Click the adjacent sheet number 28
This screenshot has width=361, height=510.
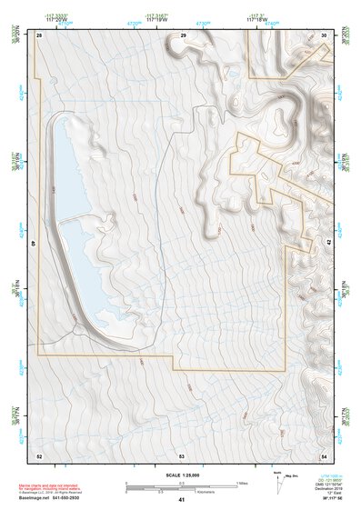click(39, 35)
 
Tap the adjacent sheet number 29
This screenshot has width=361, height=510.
click(183, 35)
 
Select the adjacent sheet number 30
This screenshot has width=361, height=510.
click(325, 35)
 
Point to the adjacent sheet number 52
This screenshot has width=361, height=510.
click(39, 455)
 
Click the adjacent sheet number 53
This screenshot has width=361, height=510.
click(182, 455)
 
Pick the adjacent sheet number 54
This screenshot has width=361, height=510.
click(324, 455)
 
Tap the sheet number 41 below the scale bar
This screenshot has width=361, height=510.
click(182, 499)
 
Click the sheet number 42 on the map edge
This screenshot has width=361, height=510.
click(328, 244)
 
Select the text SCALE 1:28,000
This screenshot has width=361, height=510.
click(182, 475)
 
